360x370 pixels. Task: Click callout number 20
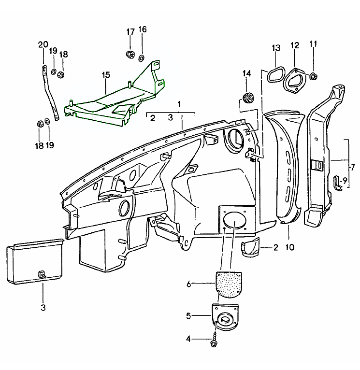[x=43, y=45]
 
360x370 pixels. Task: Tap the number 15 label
[x=106, y=75]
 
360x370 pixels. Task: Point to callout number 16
[x=142, y=29]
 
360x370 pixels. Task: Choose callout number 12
[x=295, y=45]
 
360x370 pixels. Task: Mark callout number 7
[x=353, y=168]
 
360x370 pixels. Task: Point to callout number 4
[x=188, y=339]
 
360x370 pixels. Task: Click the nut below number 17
[x=130, y=54]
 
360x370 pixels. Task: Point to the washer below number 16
[x=142, y=58]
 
